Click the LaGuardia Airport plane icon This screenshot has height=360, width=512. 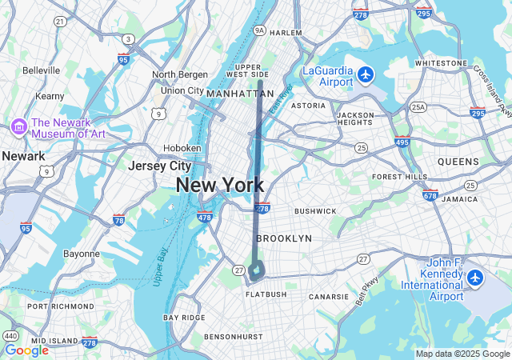(x=366, y=74)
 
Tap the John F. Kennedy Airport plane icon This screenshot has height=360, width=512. (x=476, y=278)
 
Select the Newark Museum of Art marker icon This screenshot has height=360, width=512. (x=18, y=126)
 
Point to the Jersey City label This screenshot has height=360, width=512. (x=160, y=166)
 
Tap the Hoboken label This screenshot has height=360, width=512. (x=182, y=148)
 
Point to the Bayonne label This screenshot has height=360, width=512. (x=82, y=254)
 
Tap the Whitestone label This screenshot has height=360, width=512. (x=441, y=62)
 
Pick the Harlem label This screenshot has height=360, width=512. (x=286, y=33)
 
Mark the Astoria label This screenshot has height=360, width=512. (x=308, y=106)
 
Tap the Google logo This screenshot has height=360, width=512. (x=26, y=350)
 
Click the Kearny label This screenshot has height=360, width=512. (x=50, y=96)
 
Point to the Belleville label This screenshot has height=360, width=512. (x=42, y=70)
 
